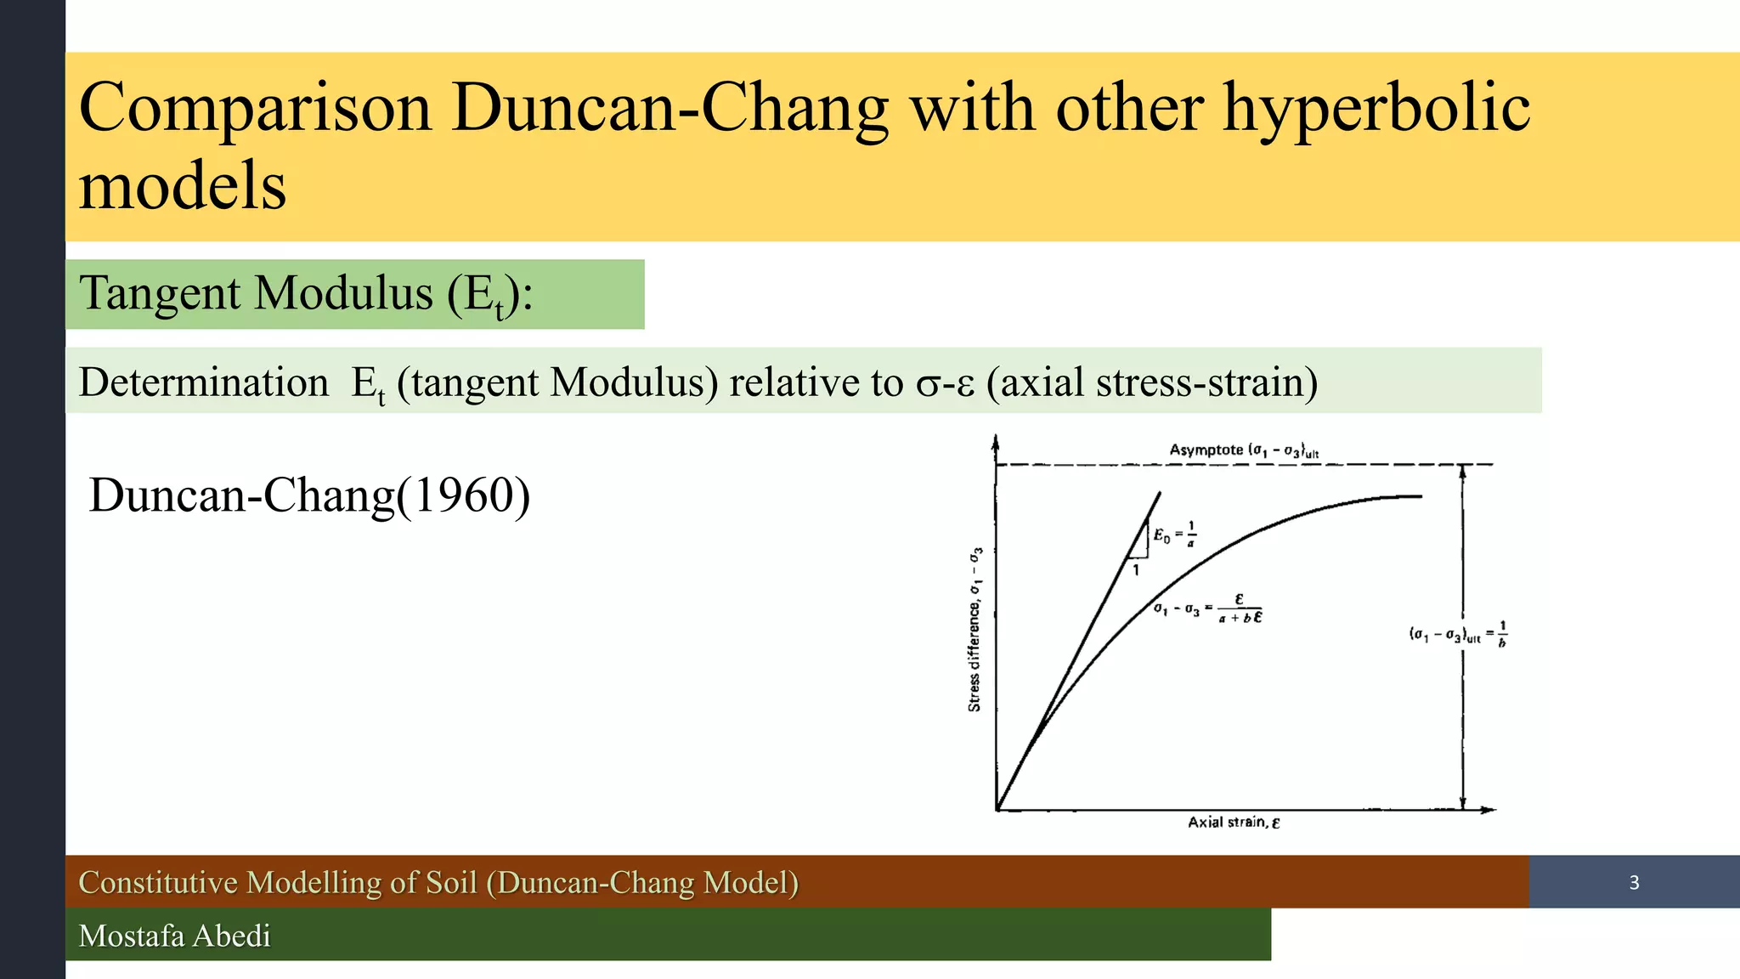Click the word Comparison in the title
[x=255, y=108]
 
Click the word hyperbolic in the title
[x=1376, y=108]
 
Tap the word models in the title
[x=183, y=186]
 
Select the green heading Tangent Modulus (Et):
[x=306, y=294]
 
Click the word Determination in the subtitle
[x=203, y=382]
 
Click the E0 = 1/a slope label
[x=1175, y=535]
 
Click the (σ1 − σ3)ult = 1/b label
[x=1458, y=634]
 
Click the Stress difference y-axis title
[x=975, y=629]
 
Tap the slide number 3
[x=1634, y=883]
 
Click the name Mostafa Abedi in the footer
[x=174, y=936]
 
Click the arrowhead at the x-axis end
[x=1489, y=810]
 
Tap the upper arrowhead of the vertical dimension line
[x=1462, y=471]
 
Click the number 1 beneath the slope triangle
[x=1136, y=570]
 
